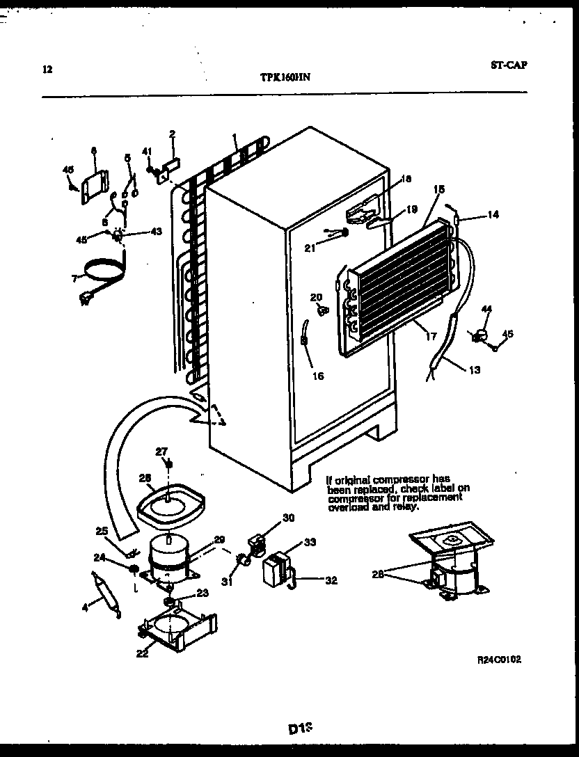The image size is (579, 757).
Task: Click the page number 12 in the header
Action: (x=47, y=69)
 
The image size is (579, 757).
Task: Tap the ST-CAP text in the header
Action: (x=508, y=65)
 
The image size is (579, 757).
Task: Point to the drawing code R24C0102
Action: (x=499, y=658)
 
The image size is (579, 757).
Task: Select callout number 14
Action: (x=493, y=215)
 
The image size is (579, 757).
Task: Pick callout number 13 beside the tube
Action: (x=474, y=369)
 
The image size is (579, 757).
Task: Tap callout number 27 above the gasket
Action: (x=161, y=451)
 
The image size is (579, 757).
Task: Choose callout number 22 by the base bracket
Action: (x=142, y=653)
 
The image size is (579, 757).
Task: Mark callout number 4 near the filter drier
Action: (x=85, y=607)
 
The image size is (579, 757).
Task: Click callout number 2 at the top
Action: (x=172, y=134)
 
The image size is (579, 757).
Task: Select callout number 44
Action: (x=486, y=308)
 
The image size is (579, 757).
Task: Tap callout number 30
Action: (x=289, y=517)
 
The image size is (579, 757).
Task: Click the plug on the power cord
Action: (x=87, y=299)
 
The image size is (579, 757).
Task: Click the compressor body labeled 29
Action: (x=168, y=556)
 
